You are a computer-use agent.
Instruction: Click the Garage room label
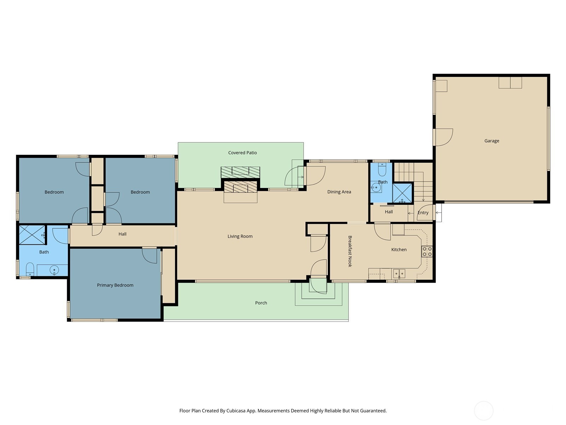(x=491, y=141)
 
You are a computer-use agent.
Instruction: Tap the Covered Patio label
(x=242, y=153)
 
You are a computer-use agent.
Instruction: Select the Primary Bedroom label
(x=115, y=285)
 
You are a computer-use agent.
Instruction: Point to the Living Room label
(x=240, y=236)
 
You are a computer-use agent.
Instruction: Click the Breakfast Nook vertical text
(x=350, y=251)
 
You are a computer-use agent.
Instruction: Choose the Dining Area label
(x=339, y=192)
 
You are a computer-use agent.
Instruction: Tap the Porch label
(x=261, y=303)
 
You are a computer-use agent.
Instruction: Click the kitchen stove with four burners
(x=427, y=251)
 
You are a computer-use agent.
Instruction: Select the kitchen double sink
(x=399, y=273)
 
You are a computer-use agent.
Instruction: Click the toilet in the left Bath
(x=30, y=269)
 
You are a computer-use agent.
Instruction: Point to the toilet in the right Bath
(x=382, y=169)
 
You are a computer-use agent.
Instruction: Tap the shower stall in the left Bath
(x=32, y=234)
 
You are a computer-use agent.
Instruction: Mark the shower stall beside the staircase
(x=402, y=193)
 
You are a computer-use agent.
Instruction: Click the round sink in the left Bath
(x=54, y=270)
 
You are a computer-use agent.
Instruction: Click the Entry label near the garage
(x=423, y=212)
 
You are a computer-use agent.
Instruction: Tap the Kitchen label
(x=399, y=250)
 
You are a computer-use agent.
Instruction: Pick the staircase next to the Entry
(x=413, y=182)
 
